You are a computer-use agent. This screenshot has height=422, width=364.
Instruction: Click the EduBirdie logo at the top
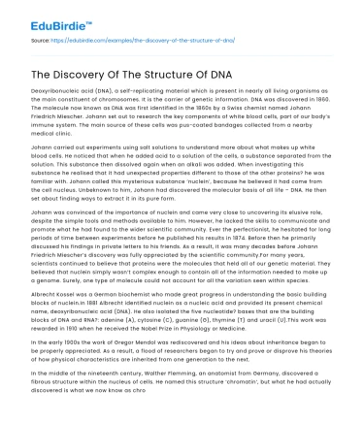tap(48, 16)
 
